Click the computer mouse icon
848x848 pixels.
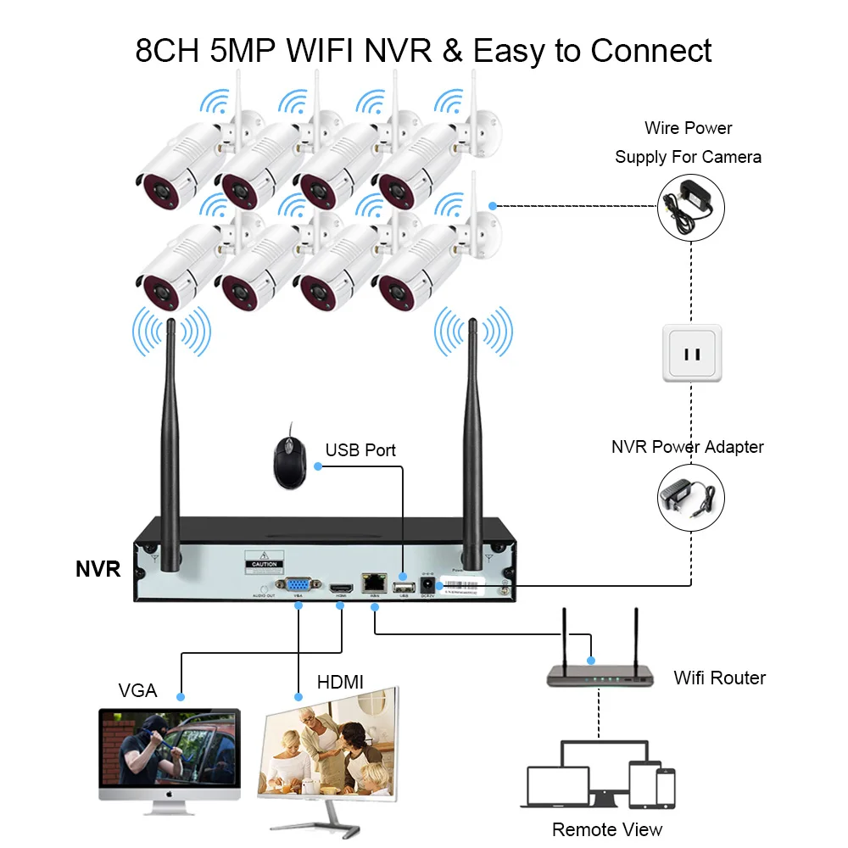coord(287,463)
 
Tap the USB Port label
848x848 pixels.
coord(360,449)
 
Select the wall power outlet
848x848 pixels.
coord(691,353)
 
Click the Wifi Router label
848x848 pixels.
coord(719,678)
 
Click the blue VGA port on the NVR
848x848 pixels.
coord(298,584)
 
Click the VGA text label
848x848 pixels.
coord(137,690)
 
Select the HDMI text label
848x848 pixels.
coord(339,681)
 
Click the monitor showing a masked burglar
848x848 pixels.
coord(170,750)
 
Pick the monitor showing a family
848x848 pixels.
coord(331,750)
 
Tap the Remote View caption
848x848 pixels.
coord(606,828)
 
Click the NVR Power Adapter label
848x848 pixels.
coord(687,447)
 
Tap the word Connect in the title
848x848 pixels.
coord(650,51)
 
